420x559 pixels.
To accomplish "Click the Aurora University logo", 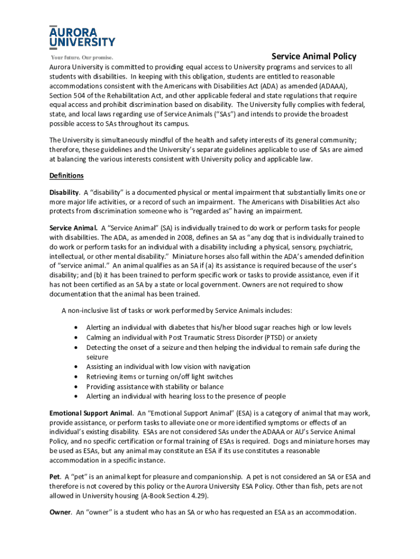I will pyautogui.click(x=82, y=37).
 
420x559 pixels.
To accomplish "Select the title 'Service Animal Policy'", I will pyautogui.click(x=314, y=56).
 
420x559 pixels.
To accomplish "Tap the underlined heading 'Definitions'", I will pyautogui.click(x=67, y=176).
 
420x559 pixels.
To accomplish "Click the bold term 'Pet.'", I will pyautogui.click(x=55, y=477).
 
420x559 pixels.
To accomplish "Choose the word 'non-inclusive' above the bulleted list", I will pyautogui.click(x=89, y=311).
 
